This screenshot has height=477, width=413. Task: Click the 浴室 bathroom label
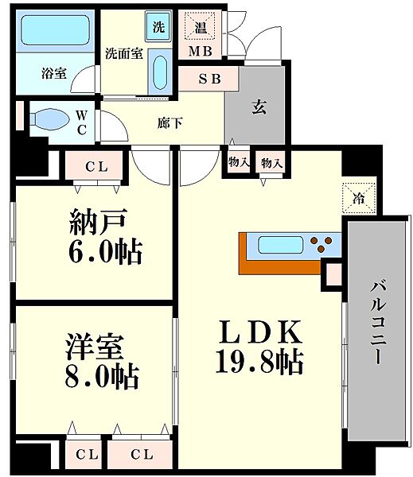(x=54, y=72)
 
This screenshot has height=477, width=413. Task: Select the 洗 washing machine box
(x=159, y=26)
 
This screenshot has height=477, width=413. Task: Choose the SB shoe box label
(x=208, y=78)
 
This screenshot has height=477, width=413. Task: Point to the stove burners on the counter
(x=323, y=243)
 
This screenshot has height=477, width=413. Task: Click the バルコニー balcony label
(x=378, y=321)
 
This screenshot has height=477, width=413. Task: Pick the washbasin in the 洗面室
(x=159, y=73)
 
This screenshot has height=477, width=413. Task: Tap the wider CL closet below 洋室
(x=140, y=455)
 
